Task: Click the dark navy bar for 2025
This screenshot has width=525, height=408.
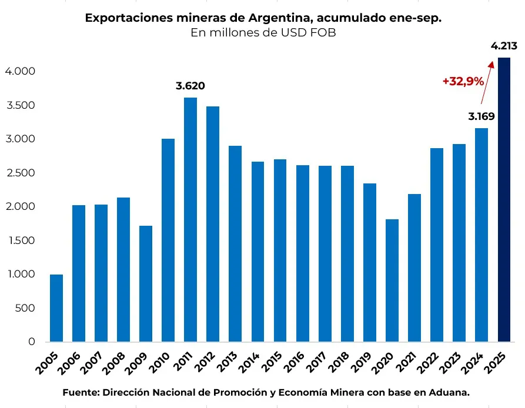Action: coord(504,200)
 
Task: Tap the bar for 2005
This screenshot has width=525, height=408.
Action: coord(56,308)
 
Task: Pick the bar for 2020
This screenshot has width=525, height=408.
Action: coord(392,280)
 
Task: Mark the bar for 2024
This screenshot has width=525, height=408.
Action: coord(481,235)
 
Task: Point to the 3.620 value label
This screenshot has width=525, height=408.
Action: coord(190,86)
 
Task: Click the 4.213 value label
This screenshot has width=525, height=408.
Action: coord(504,46)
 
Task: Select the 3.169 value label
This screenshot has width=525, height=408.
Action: coord(481,116)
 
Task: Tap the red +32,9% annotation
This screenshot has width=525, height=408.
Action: coord(463,82)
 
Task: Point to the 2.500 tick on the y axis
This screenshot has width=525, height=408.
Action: coord(21,173)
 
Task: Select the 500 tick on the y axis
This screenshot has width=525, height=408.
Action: coord(25,308)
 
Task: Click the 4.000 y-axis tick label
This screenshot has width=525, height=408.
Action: coord(21,71)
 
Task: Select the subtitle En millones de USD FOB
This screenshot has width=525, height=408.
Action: coord(263,33)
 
